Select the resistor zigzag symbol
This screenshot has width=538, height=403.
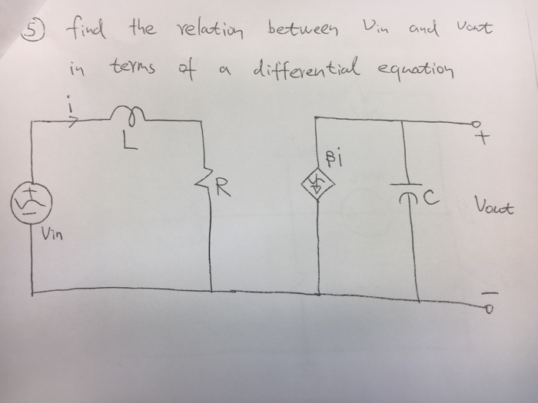click(x=211, y=183)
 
